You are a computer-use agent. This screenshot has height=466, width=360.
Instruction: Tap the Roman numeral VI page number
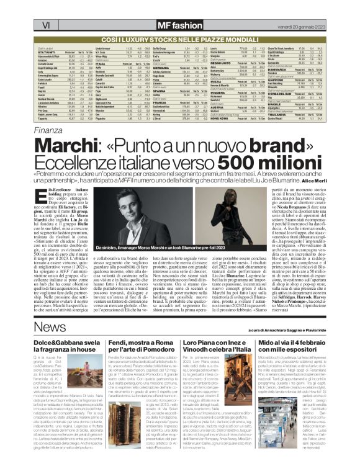pos(27,7)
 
